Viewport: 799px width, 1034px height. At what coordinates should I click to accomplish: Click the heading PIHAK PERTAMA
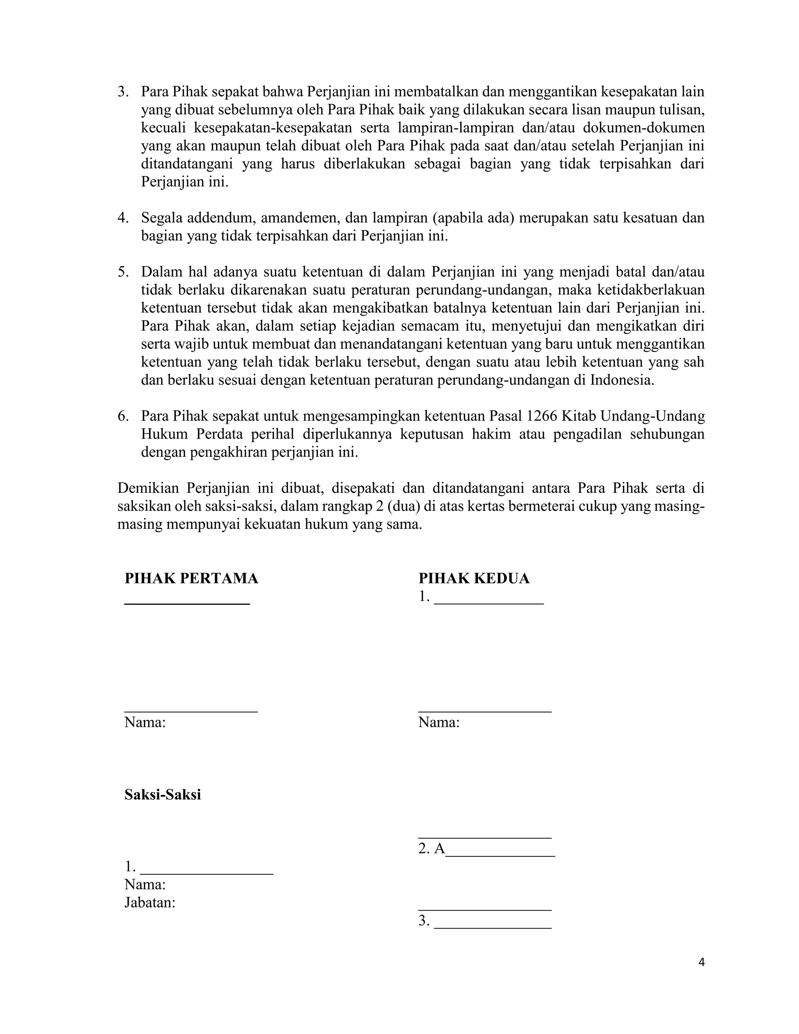point(191,578)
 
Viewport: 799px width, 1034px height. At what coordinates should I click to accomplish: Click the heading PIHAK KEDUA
point(474,578)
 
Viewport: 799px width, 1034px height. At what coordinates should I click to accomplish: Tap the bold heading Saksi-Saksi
point(163,794)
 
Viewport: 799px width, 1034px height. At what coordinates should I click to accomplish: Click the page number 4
point(701,963)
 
